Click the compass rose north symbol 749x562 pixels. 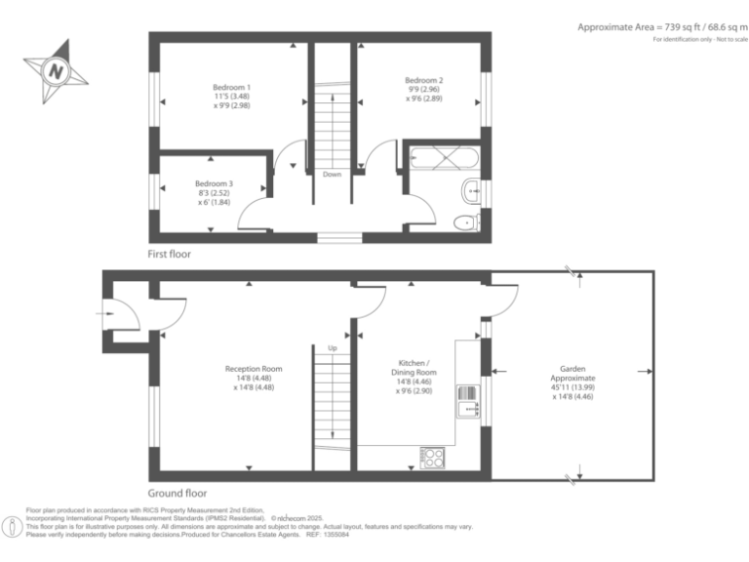[56, 70]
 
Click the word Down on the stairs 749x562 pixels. [332, 175]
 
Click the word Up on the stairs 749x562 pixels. [332, 348]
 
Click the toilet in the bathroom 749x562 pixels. [466, 222]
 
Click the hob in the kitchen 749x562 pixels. [433, 455]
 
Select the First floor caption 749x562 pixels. [170, 254]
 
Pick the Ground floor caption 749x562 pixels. [177, 493]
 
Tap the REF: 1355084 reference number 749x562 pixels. [330, 534]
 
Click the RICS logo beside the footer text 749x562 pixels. [12, 526]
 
